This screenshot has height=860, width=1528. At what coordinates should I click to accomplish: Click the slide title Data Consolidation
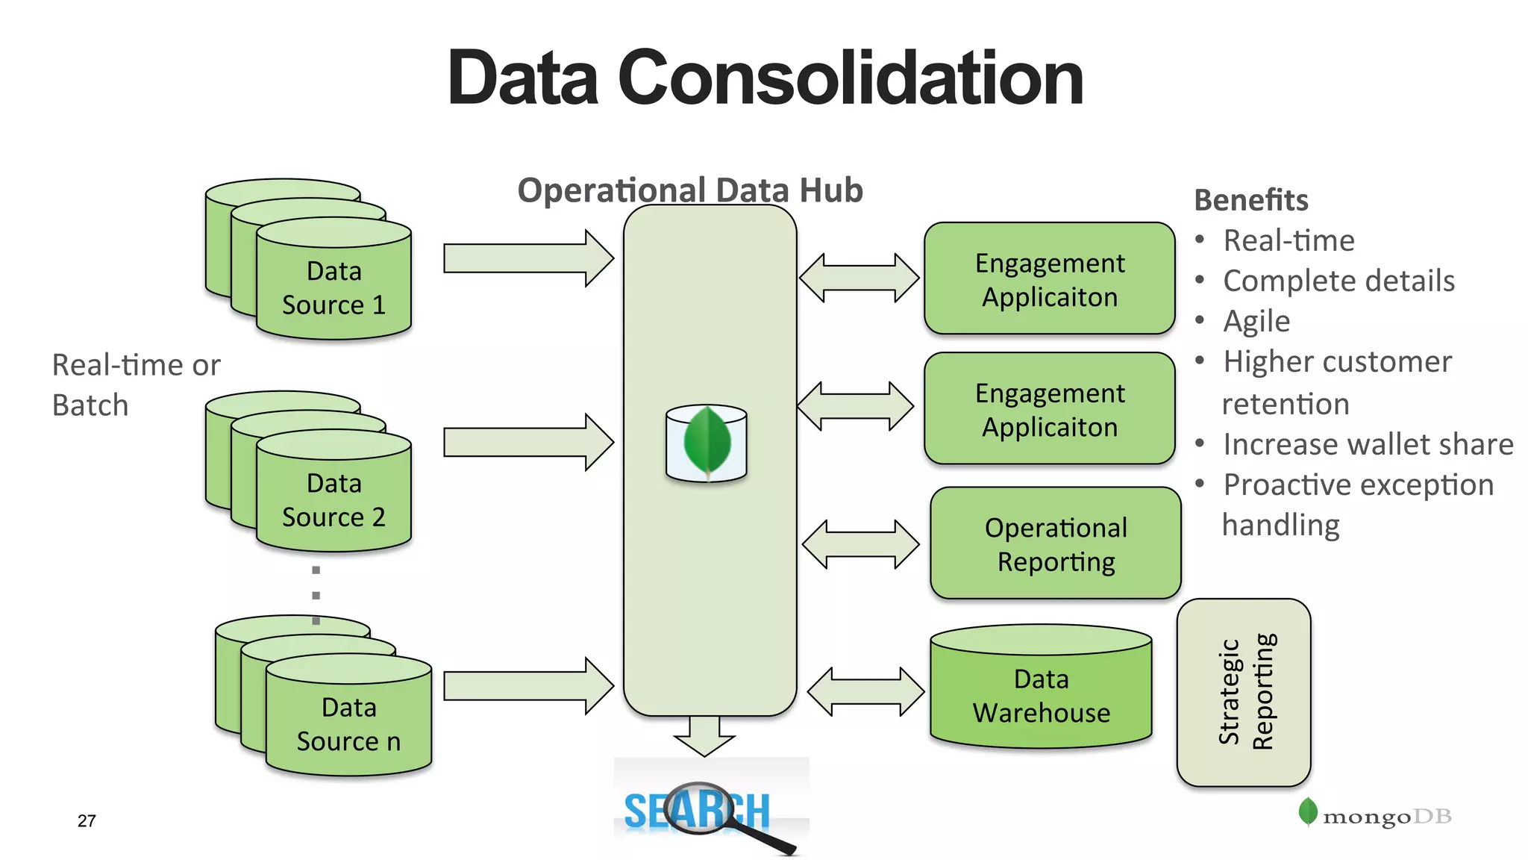coord(765,78)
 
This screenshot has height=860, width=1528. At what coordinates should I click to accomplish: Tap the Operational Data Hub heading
coord(690,190)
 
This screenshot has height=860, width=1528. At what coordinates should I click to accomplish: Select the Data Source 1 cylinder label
coord(334,288)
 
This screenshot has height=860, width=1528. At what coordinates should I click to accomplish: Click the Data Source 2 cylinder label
coord(334,500)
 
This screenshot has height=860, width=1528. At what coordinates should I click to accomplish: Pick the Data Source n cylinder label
coord(348,724)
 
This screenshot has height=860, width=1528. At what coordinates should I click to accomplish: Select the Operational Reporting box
coord(1055,543)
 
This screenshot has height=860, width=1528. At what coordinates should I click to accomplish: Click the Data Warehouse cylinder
coord(1041,694)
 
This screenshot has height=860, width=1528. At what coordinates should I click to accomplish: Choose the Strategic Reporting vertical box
coord(1244,692)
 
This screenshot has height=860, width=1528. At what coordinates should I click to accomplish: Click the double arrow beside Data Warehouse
coord(865,691)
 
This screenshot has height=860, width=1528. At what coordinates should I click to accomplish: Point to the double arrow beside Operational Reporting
coord(860,543)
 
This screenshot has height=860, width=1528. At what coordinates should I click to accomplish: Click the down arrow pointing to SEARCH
coord(704,735)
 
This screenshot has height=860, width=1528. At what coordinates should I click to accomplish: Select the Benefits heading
coord(1251,200)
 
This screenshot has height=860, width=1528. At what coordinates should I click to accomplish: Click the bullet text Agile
coord(1256,321)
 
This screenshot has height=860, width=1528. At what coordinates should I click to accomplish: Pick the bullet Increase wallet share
coord(1368,444)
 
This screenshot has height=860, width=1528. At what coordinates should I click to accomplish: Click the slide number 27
coord(87,820)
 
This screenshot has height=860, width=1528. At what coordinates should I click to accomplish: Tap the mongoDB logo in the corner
coord(1375,814)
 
